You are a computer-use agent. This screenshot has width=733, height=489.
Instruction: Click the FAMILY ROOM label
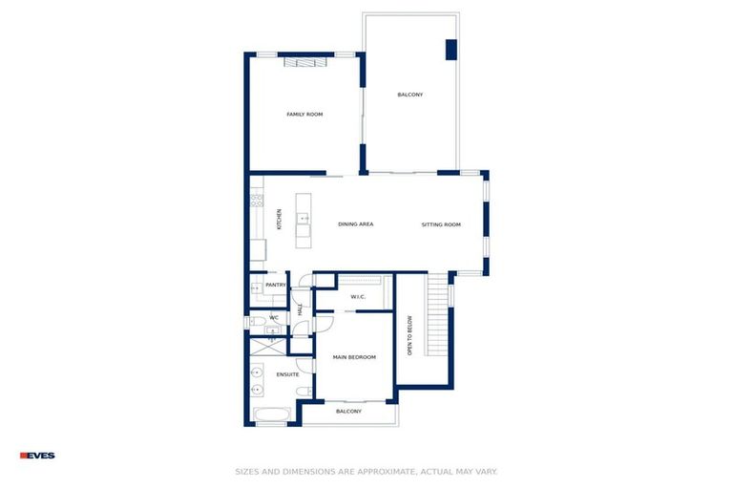(304, 115)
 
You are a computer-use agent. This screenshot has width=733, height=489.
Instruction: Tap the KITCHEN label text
(279, 219)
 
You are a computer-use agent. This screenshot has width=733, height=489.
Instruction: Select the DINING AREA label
(355, 224)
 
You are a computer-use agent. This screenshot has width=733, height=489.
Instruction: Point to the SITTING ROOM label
(441, 224)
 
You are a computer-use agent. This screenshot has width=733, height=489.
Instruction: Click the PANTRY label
(276, 285)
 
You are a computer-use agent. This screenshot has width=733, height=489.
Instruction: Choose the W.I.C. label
(358, 297)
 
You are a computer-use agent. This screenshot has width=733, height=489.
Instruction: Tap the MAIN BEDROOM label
(354, 357)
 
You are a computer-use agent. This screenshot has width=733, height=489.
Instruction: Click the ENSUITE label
(287, 374)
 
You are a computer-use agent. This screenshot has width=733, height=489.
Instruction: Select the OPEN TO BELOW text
(409, 335)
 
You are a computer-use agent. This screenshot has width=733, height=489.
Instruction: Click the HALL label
(300, 308)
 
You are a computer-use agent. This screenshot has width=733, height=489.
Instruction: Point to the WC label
(274, 318)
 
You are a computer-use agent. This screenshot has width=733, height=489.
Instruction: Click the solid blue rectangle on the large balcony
(450, 50)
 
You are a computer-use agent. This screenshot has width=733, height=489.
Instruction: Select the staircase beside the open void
(437, 315)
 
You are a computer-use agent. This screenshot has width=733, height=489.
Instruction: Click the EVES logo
(37, 456)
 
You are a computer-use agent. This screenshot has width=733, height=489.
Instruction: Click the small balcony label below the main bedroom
(348, 412)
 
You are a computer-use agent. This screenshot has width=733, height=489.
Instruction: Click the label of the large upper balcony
(410, 95)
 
